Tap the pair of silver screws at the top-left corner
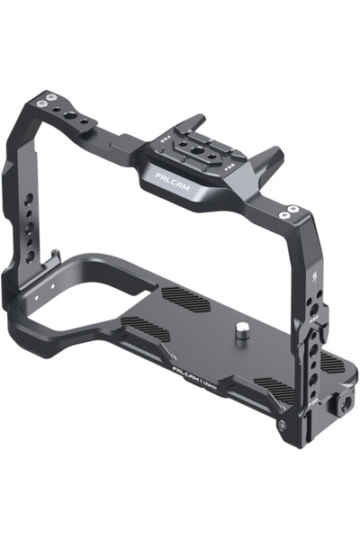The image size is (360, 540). (52, 99)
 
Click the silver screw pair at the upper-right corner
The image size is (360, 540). (289, 212)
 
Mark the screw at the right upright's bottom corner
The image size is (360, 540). (282, 424)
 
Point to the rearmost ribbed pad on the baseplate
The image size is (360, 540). (185, 301)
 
